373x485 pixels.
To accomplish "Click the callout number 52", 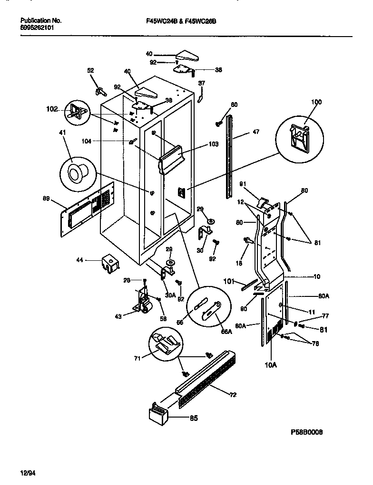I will tap(90, 70).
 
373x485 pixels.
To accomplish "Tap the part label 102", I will tap(52, 109).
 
